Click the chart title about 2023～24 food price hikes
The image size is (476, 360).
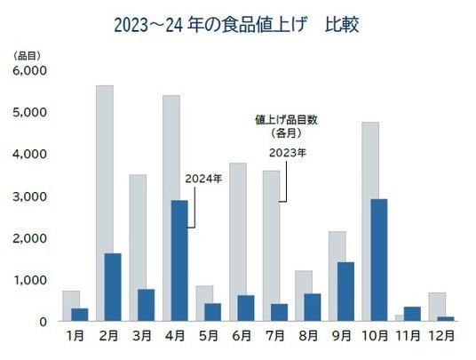pos(236,25)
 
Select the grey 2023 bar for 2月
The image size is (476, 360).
pos(105,203)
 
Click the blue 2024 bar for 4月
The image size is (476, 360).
pos(179,260)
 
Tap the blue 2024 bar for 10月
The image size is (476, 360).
pos(379,260)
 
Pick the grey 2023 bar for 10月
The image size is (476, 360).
pos(370,221)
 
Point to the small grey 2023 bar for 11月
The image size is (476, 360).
pos(400,317)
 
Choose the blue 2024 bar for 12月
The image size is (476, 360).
pos(445,319)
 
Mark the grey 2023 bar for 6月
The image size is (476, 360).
pos(238,242)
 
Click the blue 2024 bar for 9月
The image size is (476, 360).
pos(345,292)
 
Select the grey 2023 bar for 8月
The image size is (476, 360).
pos(304,296)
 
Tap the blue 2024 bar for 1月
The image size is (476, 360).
pos(80,315)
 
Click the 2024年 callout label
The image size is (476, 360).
pos(203,179)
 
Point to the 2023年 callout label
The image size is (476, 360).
pos(288,153)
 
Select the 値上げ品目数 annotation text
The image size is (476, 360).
pos(286,120)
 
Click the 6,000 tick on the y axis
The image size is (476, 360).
pos(30,71)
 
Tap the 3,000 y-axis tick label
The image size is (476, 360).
pos(30,196)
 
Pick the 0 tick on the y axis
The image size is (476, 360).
pos(44,322)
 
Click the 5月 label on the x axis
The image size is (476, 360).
pos(209,336)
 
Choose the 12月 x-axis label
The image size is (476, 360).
pos(441,336)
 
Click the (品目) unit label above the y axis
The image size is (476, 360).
pos(27,56)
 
